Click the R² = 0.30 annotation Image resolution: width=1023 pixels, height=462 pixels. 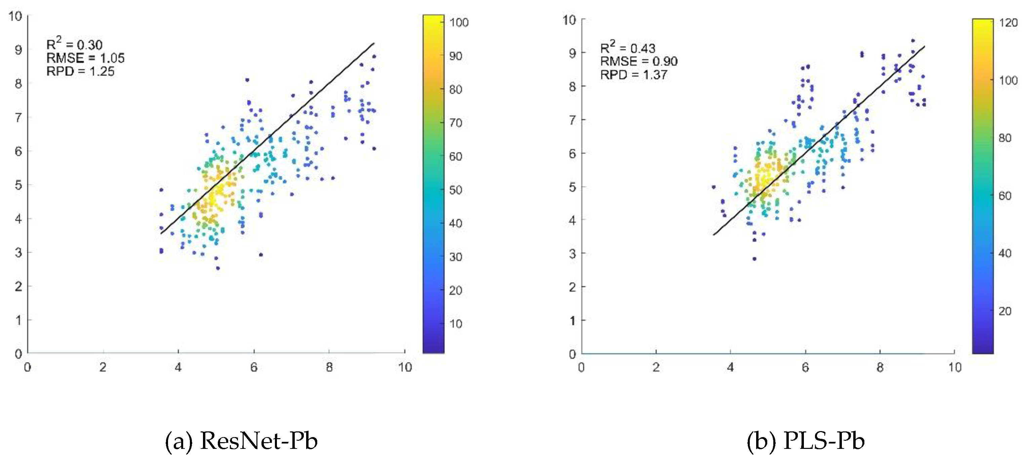coord(74,44)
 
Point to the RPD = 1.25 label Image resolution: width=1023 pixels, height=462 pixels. coord(80,72)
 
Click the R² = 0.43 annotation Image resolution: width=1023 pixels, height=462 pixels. coord(627,48)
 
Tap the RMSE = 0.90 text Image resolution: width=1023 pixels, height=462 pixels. coord(639,61)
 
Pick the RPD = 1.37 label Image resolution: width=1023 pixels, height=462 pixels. coord(633,75)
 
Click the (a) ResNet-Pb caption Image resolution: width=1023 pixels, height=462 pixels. coord(241,441)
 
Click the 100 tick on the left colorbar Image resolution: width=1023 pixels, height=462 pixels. coord(459,22)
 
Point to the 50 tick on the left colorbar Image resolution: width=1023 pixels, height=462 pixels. coord(455,190)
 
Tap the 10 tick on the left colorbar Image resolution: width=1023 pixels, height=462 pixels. coord(455,324)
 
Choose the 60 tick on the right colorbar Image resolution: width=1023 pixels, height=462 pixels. coord(1005,195)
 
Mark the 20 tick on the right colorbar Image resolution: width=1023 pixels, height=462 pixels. coord(1005,311)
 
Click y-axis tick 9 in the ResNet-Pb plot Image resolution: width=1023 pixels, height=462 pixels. coord(18,50)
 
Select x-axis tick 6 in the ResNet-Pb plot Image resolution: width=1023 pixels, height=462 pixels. coord(254,368)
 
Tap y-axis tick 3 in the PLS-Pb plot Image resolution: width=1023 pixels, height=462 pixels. coord(572,254)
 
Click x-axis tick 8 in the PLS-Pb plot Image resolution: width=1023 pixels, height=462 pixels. coord(880,368)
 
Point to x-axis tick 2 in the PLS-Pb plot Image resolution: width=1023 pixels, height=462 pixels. coord(656,368)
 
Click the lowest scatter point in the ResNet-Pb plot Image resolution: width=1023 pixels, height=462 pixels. coord(218,268)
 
